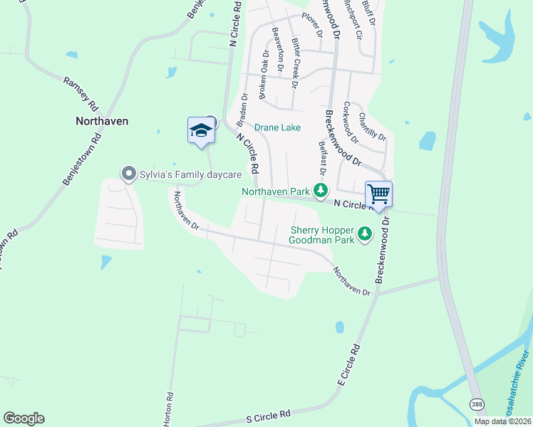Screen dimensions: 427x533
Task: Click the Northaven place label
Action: click(x=102, y=121)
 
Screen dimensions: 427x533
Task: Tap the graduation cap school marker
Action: click(x=201, y=130)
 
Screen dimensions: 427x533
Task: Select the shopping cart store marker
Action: click(x=379, y=194)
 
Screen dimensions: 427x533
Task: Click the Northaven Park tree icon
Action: click(x=321, y=191)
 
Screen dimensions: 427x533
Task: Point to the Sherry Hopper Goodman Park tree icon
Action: click(x=365, y=233)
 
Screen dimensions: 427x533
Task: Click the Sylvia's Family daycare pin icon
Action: click(x=128, y=174)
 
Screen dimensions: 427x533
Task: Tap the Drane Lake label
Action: click(x=277, y=127)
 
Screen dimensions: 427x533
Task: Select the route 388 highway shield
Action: click(x=476, y=404)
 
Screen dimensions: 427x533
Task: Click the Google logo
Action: click(x=24, y=418)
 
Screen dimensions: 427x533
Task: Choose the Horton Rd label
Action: click(x=168, y=408)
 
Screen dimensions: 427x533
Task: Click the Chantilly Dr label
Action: click(x=373, y=126)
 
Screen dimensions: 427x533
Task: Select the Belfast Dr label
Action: click(x=322, y=159)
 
